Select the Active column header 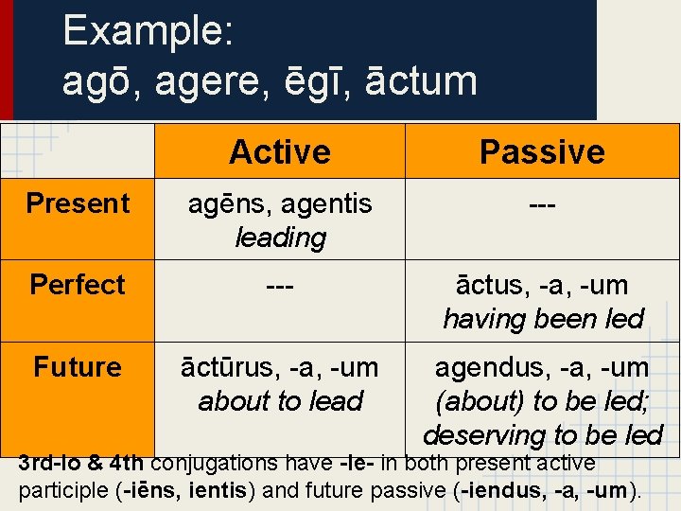pyautogui.click(x=280, y=151)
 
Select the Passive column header pyautogui.click(x=542, y=151)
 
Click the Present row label pyautogui.click(x=78, y=203)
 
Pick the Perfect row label pyautogui.click(x=78, y=285)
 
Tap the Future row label pyautogui.click(x=78, y=367)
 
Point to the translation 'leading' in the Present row pyautogui.click(x=280, y=238)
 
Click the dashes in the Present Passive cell pyautogui.click(x=542, y=203)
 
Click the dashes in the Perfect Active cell pyautogui.click(x=280, y=285)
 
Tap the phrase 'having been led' pyautogui.click(x=542, y=319)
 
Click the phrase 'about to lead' pyautogui.click(x=280, y=401)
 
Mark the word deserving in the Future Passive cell pyautogui.click(x=478, y=435)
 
